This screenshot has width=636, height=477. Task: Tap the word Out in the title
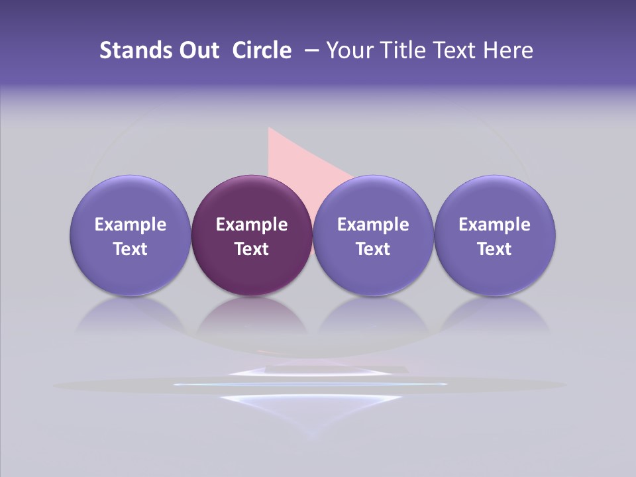(197, 50)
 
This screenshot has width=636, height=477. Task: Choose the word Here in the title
(507, 50)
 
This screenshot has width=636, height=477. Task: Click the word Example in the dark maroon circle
(252, 225)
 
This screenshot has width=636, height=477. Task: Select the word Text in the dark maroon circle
(252, 249)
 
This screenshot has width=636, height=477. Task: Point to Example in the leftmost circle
(131, 225)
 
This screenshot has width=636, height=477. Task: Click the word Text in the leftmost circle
(131, 249)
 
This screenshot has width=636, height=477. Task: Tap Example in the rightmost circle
(494, 225)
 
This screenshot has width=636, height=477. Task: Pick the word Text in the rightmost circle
(494, 249)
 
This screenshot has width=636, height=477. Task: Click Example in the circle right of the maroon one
(373, 225)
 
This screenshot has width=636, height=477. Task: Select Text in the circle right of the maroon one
(373, 249)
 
